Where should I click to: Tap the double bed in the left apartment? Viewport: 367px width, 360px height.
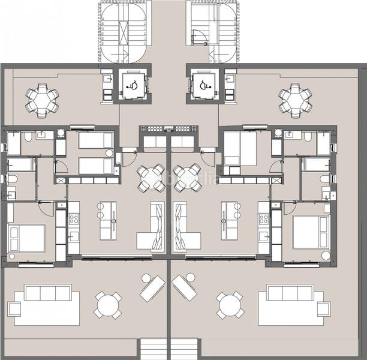tap(27, 238)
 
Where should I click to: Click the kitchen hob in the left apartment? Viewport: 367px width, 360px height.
tap(74, 220)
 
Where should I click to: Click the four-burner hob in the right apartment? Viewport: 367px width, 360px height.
tap(263, 220)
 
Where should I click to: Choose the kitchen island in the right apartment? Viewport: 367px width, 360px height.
tap(230, 220)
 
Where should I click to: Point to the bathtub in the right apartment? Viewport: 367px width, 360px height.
tap(315, 164)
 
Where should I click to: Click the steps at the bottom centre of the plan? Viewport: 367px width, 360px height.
tap(169, 349)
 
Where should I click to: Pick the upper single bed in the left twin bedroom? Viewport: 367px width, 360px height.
tap(95, 140)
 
